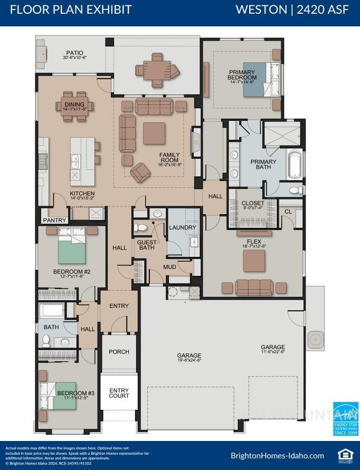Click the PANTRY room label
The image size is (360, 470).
[x=54, y=220]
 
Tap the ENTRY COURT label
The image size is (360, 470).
[x=119, y=392]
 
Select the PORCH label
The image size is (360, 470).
[x=119, y=352]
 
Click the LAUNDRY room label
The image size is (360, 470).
[x=183, y=227]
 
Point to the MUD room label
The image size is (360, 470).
[x=169, y=267]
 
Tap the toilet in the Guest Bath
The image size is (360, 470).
[x=141, y=228]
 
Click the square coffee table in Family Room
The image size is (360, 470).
[x=154, y=133]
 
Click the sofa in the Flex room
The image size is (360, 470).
[x=254, y=287]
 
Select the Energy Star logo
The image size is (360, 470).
[x=346, y=419]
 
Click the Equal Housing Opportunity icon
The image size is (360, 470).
[x=345, y=455]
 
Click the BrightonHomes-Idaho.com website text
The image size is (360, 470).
[x=277, y=455]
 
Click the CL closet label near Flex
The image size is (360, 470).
[x=288, y=212]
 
